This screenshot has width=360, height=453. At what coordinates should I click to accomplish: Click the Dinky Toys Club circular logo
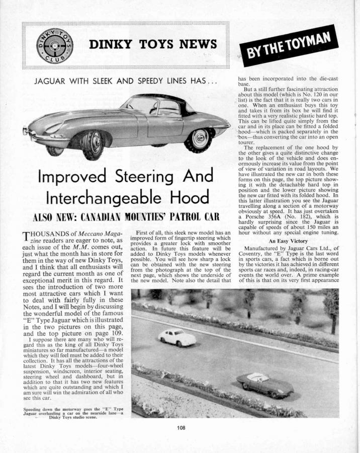(x=54, y=45)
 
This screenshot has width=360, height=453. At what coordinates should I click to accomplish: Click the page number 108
(x=182, y=428)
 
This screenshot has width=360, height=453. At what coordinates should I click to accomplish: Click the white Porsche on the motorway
(x=177, y=337)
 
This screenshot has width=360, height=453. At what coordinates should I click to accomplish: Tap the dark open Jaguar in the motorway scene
(x=264, y=385)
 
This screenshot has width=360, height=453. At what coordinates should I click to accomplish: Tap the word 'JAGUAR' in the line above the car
(x=53, y=81)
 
